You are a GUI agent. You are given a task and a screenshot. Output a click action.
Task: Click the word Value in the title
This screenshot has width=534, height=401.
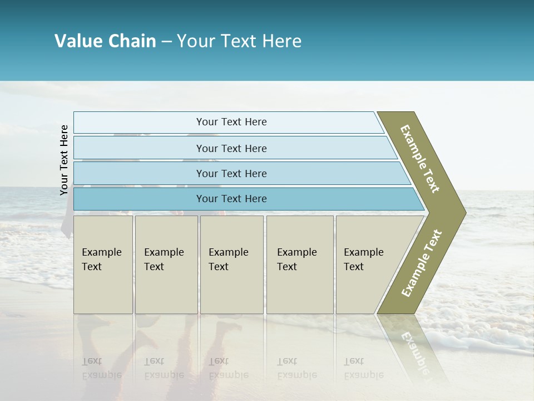click(78, 41)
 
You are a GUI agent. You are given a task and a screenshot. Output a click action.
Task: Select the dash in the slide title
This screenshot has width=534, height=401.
click(166, 42)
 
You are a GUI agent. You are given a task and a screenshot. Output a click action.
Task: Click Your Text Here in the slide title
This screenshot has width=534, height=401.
click(239, 41)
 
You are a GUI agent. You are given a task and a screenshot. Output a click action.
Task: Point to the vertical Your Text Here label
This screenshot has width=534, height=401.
click(64, 160)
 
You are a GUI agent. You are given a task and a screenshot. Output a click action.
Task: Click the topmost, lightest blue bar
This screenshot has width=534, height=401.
click(231, 122)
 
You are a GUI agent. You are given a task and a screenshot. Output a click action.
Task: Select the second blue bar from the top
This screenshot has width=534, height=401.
click(231, 148)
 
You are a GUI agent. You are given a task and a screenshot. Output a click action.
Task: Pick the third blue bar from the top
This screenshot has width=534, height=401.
click(231, 173)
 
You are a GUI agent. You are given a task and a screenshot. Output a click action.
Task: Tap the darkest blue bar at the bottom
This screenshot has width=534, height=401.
click(231, 199)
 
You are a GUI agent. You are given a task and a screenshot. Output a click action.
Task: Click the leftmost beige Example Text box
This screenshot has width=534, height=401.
click(103, 265)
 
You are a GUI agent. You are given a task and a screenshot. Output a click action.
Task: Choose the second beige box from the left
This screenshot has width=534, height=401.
click(166, 265)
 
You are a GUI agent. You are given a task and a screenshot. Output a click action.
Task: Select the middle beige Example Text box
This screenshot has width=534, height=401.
click(231, 265)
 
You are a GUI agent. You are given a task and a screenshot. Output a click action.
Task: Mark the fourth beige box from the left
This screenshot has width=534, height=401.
click(299, 265)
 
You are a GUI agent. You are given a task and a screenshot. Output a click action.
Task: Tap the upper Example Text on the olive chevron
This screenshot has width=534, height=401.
click(421, 159)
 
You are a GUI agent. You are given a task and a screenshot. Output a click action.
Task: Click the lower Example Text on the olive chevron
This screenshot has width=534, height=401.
click(422, 263)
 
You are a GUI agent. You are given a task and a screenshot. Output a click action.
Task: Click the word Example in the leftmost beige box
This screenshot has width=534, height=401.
click(101, 252)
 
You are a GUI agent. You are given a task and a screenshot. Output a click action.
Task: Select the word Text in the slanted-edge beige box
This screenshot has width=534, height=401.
click(353, 267)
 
